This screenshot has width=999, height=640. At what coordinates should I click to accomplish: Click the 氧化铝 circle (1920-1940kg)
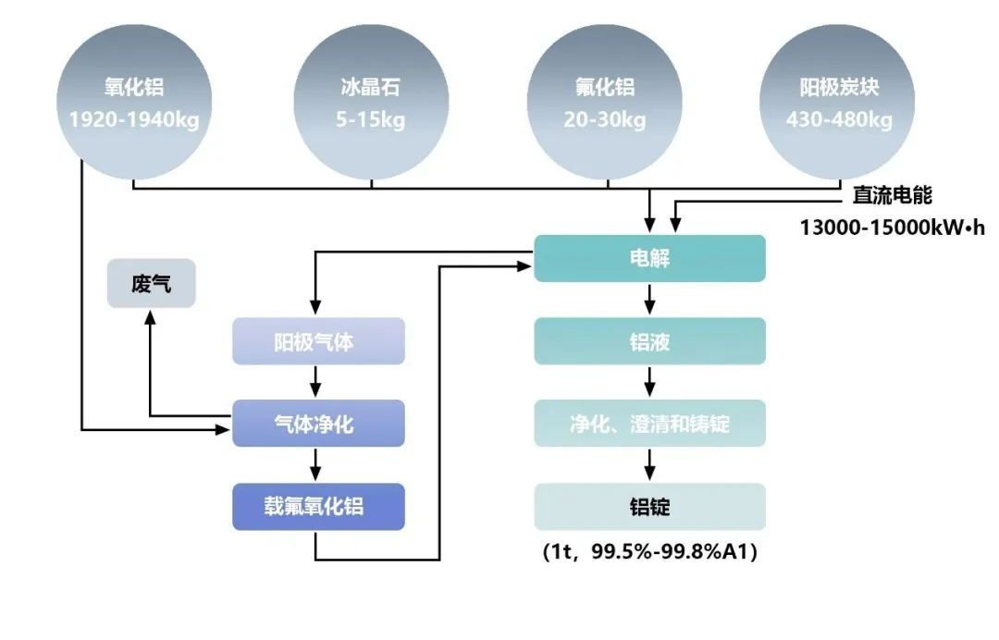click(133, 103)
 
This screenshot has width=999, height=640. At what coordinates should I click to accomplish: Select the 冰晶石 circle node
click(371, 103)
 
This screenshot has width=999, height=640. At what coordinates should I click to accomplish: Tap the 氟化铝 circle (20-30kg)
click(605, 103)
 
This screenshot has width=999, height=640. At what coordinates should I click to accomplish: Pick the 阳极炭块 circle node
click(838, 103)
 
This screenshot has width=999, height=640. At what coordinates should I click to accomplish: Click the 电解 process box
click(649, 258)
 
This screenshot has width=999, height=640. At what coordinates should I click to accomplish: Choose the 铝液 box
click(649, 341)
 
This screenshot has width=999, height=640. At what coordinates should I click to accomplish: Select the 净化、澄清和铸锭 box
click(649, 424)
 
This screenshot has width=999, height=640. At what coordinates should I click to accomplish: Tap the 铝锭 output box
click(649, 507)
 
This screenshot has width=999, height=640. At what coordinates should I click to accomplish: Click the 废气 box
click(152, 283)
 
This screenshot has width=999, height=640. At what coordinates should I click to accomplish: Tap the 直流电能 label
click(892, 196)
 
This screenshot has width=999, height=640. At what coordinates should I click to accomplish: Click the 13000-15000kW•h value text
click(893, 227)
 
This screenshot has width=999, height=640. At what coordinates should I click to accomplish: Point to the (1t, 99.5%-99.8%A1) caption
click(649, 553)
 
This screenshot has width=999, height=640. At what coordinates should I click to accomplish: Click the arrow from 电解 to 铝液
click(649, 300)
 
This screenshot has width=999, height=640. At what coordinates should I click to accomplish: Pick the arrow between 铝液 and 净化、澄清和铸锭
click(649, 382)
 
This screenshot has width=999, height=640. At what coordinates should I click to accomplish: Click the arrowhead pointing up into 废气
click(151, 317)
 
